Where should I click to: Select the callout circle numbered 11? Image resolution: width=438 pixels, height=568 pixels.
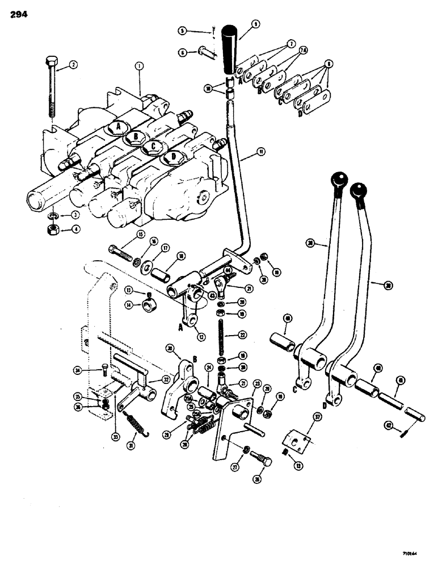point(245,152)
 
